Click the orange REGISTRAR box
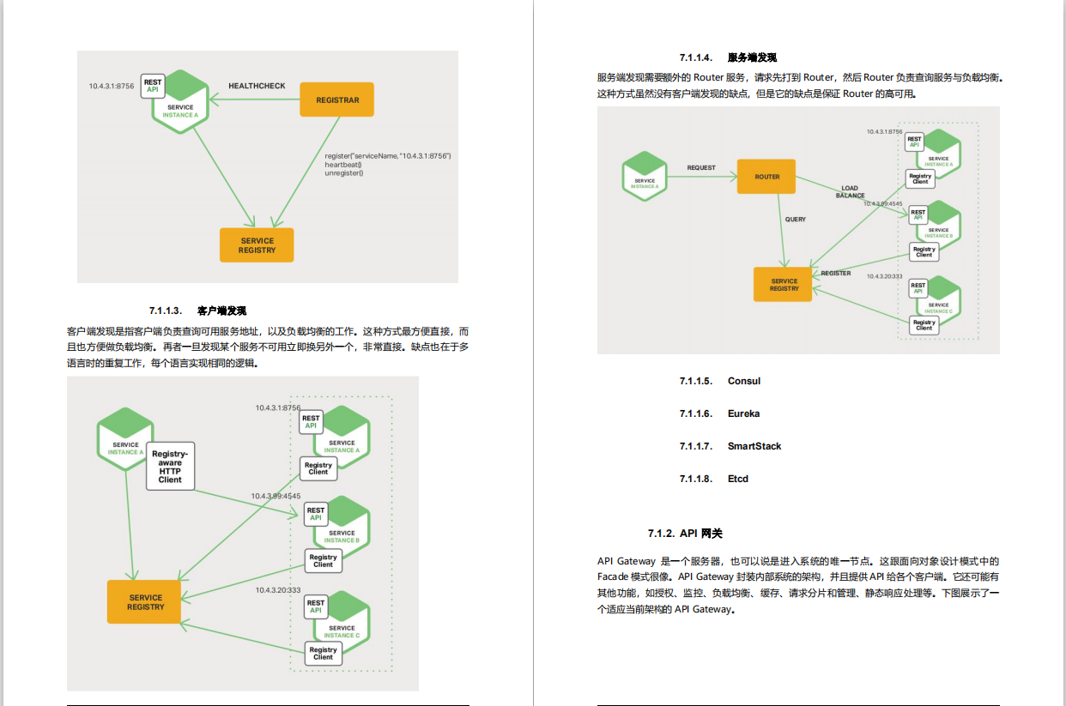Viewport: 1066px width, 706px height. [336, 100]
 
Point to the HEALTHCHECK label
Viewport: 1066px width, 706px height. [257, 86]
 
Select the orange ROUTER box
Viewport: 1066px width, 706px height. [766, 177]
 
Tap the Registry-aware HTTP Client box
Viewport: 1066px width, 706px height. [170, 467]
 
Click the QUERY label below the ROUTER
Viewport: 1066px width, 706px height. [796, 220]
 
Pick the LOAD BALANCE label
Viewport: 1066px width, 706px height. [850, 191]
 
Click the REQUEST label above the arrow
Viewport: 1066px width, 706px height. [701, 168]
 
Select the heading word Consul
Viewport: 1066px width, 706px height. [744, 381]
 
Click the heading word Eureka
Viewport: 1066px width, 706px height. [743, 413]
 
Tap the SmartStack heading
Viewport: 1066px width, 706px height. [754, 446]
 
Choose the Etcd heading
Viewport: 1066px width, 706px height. [738, 479]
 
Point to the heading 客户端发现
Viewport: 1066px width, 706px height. [221, 311]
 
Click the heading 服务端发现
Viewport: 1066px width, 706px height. [752, 57]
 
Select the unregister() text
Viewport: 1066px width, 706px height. [344, 173]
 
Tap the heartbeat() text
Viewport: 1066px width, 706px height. [343, 165]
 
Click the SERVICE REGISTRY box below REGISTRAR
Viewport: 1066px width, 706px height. [257, 245]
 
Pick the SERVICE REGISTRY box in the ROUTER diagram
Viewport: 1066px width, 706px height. [784, 285]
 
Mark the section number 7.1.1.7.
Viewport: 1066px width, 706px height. [696, 446]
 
